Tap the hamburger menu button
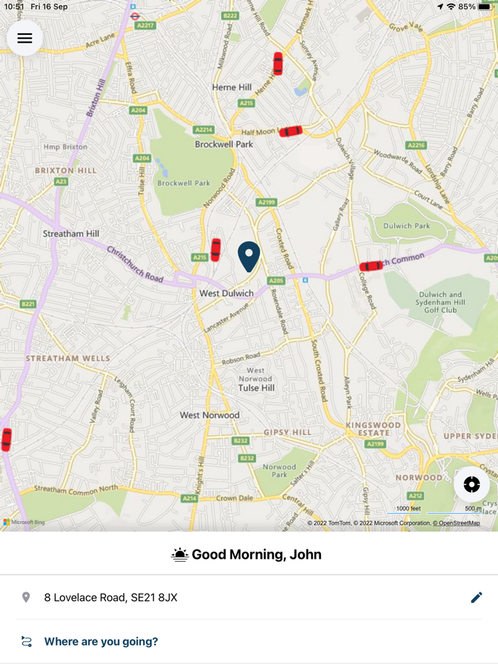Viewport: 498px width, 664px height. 25,38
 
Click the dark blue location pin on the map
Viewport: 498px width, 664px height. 249,256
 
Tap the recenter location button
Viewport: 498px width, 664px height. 472,485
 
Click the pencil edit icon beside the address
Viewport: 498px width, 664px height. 477,597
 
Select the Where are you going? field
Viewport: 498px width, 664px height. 101,641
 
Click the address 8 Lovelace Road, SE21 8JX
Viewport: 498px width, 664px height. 110,597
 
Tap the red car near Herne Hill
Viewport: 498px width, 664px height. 277,63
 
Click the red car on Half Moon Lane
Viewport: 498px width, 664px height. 290,131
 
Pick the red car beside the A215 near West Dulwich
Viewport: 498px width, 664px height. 216,250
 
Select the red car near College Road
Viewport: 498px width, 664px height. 371,266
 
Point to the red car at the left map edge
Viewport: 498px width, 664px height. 6,439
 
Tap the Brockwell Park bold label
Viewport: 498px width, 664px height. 224,144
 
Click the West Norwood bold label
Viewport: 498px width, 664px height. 209,414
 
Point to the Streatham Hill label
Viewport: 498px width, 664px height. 71,233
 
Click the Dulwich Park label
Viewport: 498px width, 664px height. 407,226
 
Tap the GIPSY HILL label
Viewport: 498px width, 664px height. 287,432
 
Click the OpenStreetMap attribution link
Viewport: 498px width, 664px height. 457,523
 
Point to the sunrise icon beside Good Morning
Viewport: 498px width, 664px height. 180,555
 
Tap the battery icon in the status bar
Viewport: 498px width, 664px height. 485,6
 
